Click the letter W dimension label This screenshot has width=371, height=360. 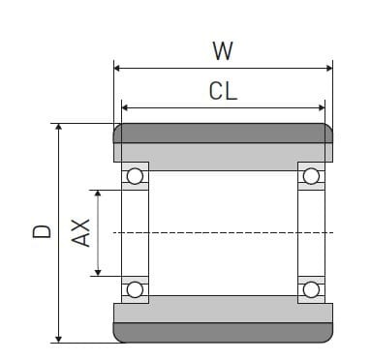(x=223, y=51)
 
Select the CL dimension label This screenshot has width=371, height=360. (x=223, y=92)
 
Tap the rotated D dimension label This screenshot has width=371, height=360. (x=42, y=232)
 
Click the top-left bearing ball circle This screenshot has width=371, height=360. (x=135, y=176)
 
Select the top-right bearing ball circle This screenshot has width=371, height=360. (x=311, y=176)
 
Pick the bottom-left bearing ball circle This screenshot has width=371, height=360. (x=135, y=289)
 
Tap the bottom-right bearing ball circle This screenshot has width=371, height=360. (x=311, y=289)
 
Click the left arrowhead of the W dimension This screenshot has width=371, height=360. (x=118, y=68)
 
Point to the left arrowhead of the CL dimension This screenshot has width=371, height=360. (x=125, y=107)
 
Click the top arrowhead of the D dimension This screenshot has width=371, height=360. (x=59, y=128)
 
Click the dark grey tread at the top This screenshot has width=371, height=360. (x=223, y=133)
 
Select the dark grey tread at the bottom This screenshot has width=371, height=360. (x=223, y=333)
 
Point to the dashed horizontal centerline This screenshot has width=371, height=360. (x=223, y=232)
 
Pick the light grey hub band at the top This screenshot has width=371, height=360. (x=223, y=153)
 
